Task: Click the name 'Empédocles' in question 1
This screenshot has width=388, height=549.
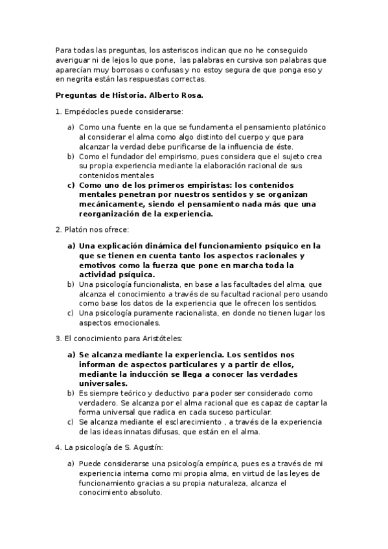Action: tap(90, 112)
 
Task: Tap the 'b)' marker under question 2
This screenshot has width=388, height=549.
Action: tap(71, 284)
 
